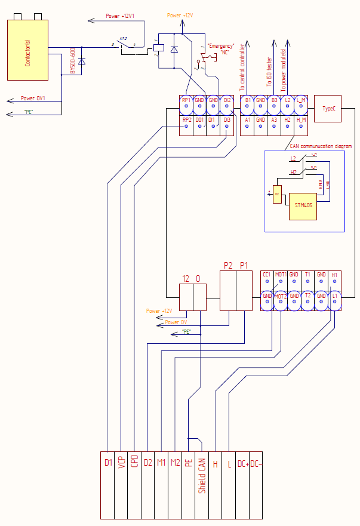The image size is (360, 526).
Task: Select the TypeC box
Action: coord(327,108)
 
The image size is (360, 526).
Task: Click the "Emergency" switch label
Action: coord(221,45)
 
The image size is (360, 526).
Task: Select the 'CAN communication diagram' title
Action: coord(320,146)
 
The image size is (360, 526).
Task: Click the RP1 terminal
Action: coord(186,101)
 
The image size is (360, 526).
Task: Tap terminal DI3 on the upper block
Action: coord(226,120)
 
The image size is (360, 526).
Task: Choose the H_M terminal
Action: coord(301,120)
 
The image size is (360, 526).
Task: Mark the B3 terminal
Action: coord(274,101)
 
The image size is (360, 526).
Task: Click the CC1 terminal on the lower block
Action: coord(267,275)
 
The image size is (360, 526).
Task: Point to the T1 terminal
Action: coord(307,275)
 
